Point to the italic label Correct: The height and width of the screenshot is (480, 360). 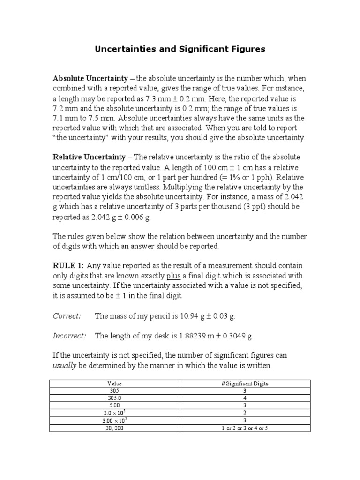point(67,316)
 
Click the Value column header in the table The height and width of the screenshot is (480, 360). point(115,383)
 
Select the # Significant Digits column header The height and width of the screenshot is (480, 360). point(245,383)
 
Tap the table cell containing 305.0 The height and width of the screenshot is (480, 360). point(115,398)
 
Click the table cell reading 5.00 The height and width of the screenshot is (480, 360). point(115,405)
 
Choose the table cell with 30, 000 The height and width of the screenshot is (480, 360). point(115,428)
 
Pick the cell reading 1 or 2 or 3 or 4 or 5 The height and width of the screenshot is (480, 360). point(245,428)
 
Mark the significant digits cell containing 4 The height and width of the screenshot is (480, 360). point(245,398)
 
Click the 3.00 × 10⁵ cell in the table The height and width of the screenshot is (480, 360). point(115,420)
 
